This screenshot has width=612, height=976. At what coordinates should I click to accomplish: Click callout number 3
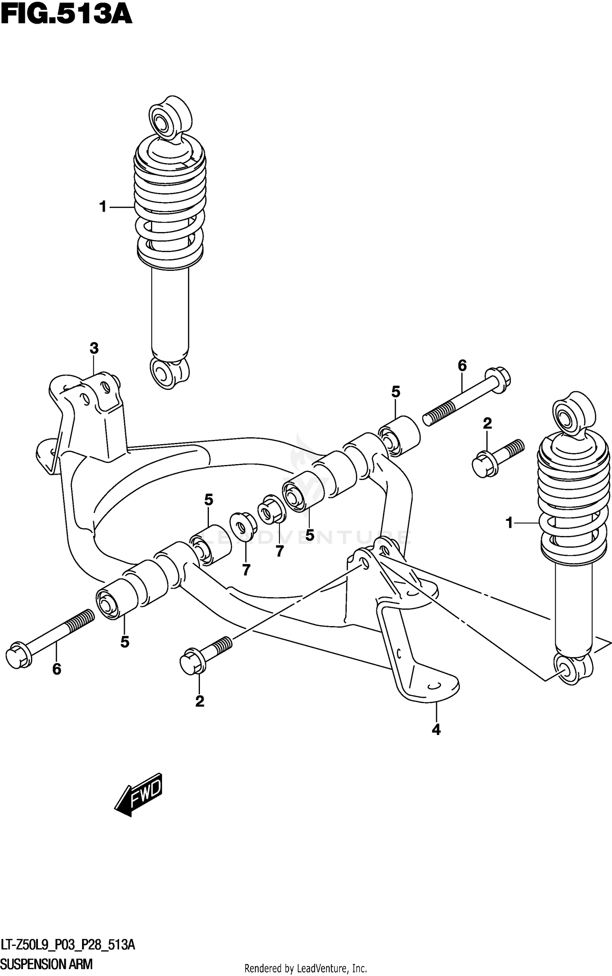coord(94,348)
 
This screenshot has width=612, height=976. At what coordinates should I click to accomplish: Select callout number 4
coord(436,730)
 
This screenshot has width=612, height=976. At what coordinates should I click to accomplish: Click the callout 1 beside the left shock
coord(103,207)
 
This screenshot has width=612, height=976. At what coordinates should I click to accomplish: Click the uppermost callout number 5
coord(395,392)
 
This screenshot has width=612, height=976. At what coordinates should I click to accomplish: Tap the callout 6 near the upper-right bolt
coord(462,366)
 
